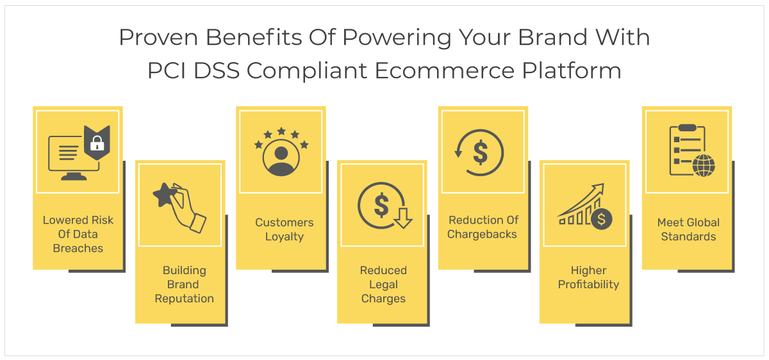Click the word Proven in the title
tap(158, 38)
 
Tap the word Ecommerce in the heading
tap(445, 71)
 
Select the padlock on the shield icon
tap(97, 143)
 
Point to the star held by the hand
tap(165, 195)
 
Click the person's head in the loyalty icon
tap(281, 153)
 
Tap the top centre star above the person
tap(281, 131)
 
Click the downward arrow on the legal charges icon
tap(403, 218)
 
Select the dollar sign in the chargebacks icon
tap(480, 152)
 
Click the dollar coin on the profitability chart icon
tap(601, 219)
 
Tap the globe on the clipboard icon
tap(704, 165)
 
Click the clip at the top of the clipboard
tap(687, 127)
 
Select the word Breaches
tap(78, 248)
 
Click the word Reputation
tap(185, 299)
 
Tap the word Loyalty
tap(285, 237)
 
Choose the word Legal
tap(383, 284)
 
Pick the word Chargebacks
tap(482, 234)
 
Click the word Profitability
tap(588, 284)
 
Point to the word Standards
tap(688, 236)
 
